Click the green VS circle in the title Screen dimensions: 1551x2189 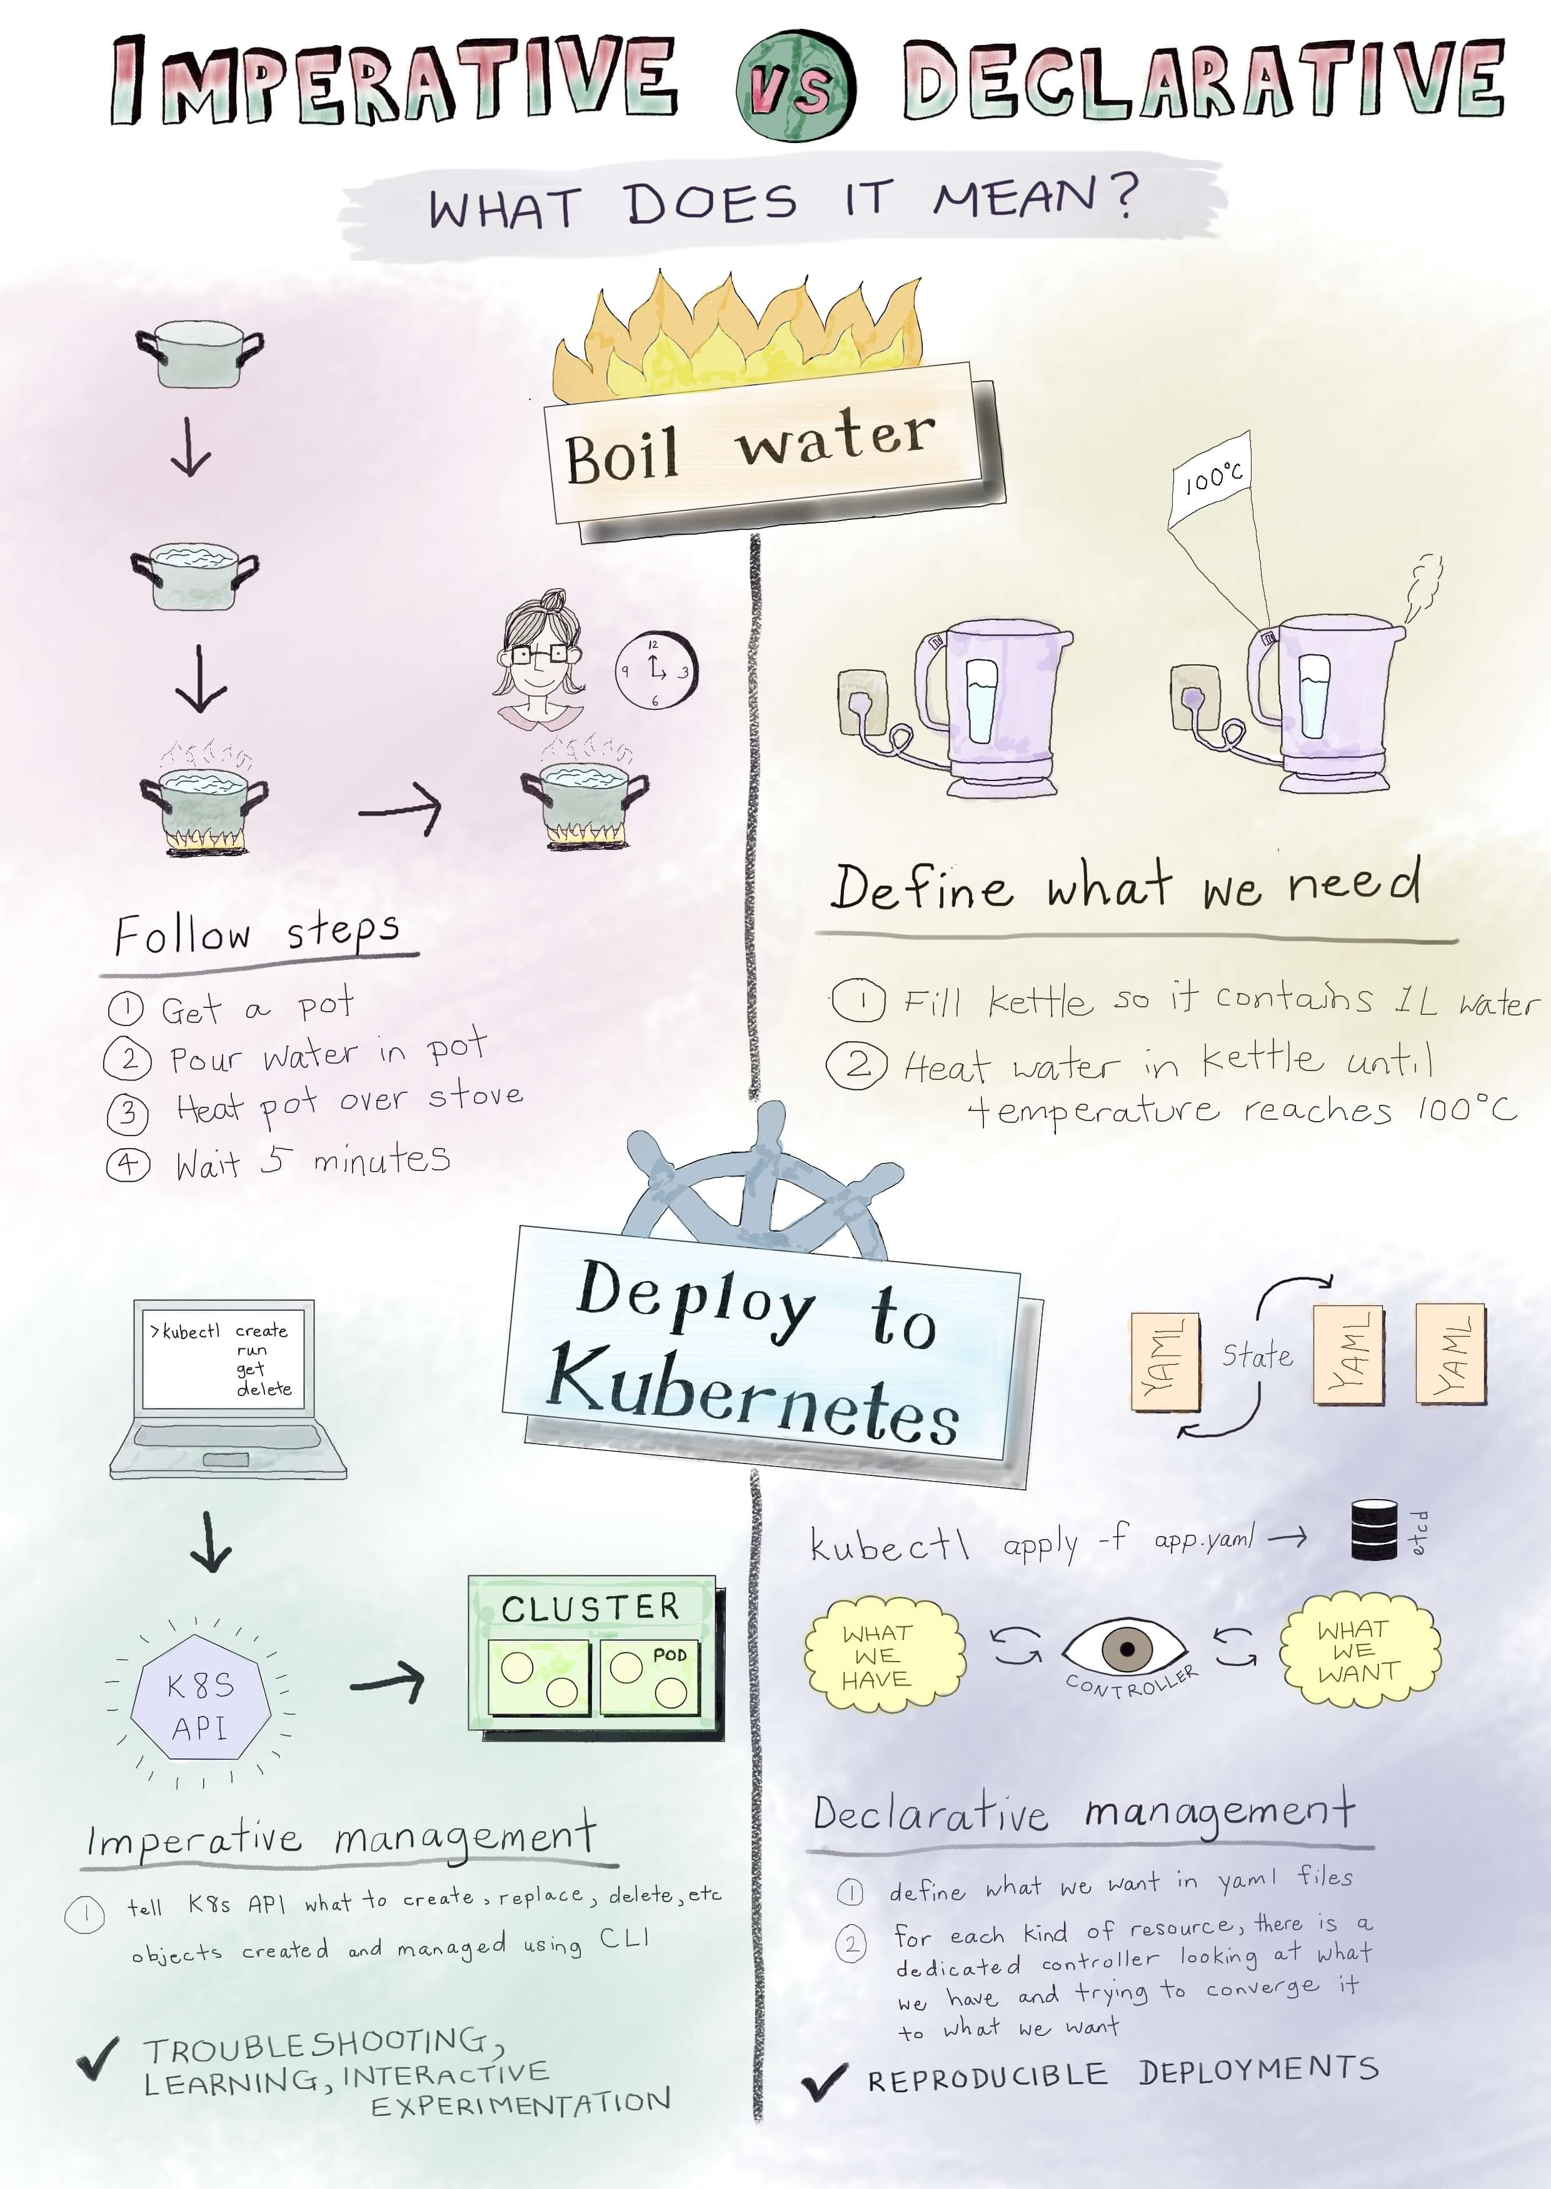pyautogui.click(x=796, y=86)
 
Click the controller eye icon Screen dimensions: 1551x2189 pyautogui.click(x=1125, y=1648)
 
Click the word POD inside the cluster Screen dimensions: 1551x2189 pyautogui.click(x=670, y=1654)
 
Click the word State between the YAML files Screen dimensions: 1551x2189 pyautogui.click(x=1257, y=1355)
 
